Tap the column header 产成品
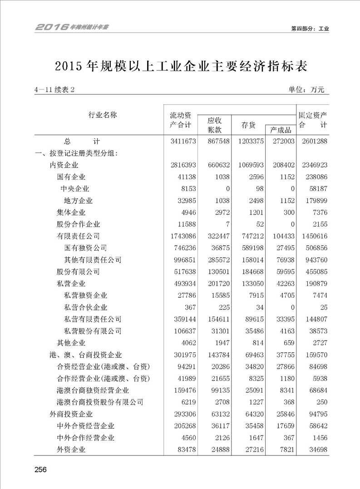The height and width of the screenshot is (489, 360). click(x=280, y=130)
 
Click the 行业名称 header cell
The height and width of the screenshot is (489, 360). click(x=103, y=115)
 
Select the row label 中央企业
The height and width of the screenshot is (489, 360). click(x=75, y=189)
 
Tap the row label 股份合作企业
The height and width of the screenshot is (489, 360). click(x=78, y=224)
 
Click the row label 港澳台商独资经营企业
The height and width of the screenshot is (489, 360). click(x=93, y=390)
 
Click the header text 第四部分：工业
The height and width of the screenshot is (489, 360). click(x=310, y=29)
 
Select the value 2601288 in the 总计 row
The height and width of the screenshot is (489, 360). click(x=313, y=142)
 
